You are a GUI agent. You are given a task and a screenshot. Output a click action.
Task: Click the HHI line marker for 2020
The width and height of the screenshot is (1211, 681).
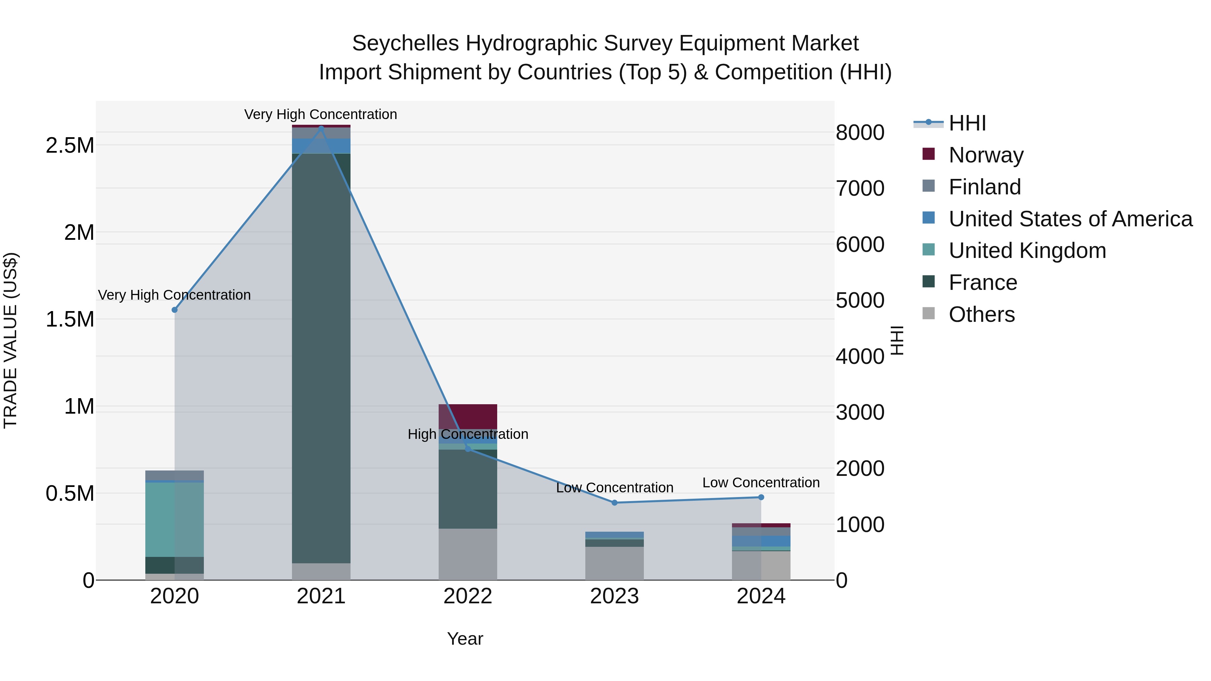click(174, 310)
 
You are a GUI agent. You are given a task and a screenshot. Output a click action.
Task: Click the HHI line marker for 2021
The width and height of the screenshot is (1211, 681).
click(321, 128)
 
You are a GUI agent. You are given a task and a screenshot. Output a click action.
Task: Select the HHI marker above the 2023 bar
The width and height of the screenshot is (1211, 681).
click(615, 502)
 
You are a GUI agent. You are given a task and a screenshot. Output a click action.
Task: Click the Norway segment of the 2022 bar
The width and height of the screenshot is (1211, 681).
click(468, 416)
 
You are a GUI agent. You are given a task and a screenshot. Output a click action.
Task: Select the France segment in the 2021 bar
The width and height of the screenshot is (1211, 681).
click(321, 357)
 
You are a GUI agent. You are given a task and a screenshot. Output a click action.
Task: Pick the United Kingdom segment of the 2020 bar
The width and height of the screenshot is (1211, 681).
click(174, 519)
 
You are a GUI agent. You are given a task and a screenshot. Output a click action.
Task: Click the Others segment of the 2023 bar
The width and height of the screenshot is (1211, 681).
click(615, 563)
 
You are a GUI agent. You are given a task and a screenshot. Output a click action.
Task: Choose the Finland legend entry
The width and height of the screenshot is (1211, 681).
click(984, 187)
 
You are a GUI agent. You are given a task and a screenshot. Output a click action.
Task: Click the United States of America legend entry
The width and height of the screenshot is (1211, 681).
click(1070, 219)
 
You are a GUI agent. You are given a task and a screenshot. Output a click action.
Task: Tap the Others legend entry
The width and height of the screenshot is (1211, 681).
click(981, 314)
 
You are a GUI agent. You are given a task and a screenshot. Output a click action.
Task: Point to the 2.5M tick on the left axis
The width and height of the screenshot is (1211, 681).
click(70, 145)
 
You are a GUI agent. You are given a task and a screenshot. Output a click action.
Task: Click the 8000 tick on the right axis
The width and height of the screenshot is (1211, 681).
click(860, 133)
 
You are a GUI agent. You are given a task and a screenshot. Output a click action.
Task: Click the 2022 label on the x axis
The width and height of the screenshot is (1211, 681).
click(468, 596)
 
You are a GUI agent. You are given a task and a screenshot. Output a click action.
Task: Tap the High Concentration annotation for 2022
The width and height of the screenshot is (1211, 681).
click(468, 434)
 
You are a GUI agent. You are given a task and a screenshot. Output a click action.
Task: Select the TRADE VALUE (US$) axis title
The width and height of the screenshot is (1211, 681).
click(10, 340)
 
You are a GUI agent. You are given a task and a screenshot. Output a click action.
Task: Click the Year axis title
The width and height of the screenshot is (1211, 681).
click(465, 639)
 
